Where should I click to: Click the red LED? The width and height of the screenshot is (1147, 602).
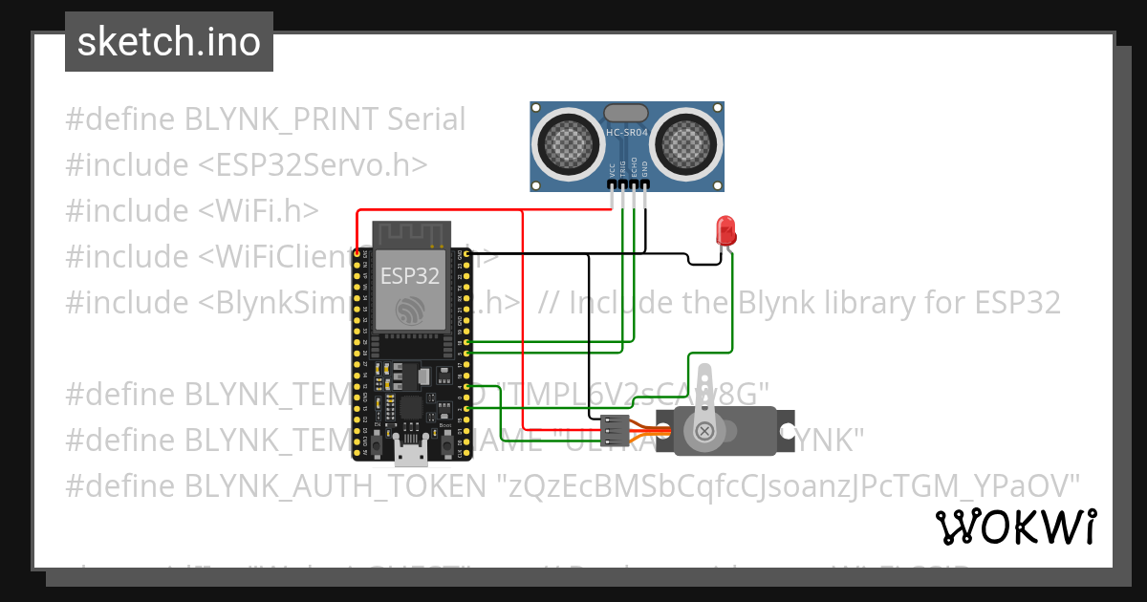pos(725,230)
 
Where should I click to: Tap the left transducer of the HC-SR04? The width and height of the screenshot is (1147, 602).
pos(568,141)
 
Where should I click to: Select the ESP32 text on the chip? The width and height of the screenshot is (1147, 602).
pos(409,277)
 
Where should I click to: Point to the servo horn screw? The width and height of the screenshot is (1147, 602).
pos(705,431)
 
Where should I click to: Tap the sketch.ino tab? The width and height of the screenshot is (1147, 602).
pos(169,42)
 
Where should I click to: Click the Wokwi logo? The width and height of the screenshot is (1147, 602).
pos(1015,527)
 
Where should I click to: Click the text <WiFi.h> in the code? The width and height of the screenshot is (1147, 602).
pos(259,210)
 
